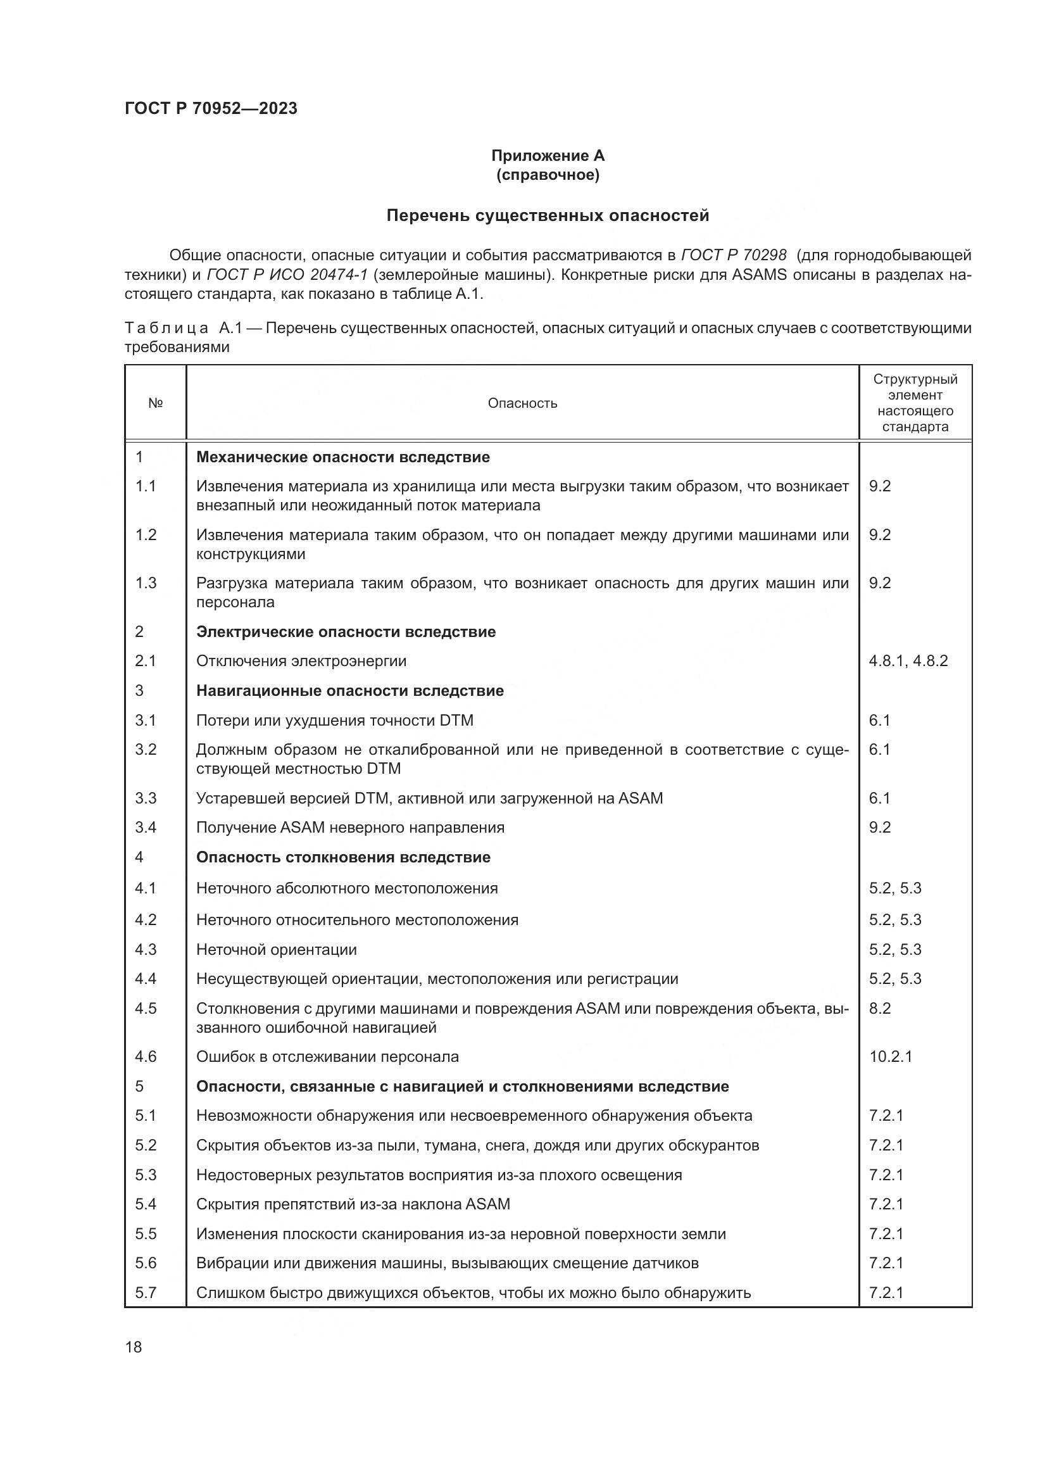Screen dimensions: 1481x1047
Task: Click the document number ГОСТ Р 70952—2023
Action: pos(211,108)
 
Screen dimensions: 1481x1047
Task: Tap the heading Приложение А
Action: pos(548,156)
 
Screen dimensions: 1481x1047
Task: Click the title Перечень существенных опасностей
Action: pos(548,215)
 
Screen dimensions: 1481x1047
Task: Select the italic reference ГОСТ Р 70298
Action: pos(734,255)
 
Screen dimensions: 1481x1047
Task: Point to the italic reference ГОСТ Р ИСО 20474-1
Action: pos(287,275)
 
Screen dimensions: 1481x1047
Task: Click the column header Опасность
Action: pos(522,403)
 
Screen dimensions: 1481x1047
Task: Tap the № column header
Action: pos(155,403)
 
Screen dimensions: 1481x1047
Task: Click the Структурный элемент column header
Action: pos(915,403)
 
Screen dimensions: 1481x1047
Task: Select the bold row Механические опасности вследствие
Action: pos(342,457)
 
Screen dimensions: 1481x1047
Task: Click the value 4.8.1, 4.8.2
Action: pos(908,661)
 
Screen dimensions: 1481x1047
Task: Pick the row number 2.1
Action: pos(145,661)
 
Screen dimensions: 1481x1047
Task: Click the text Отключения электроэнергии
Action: pos(301,661)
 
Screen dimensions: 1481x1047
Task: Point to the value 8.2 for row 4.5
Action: pos(879,1008)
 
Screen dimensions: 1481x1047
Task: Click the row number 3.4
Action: pos(145,828)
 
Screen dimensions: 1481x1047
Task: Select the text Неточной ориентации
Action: pos(276,950)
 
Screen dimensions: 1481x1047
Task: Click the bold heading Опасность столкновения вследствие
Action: pos(343,857)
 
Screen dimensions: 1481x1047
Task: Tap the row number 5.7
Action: pos(145,1293)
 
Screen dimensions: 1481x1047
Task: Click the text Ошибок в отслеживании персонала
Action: pos(327,1057)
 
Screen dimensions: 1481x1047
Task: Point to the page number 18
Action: pos(134,1347)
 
